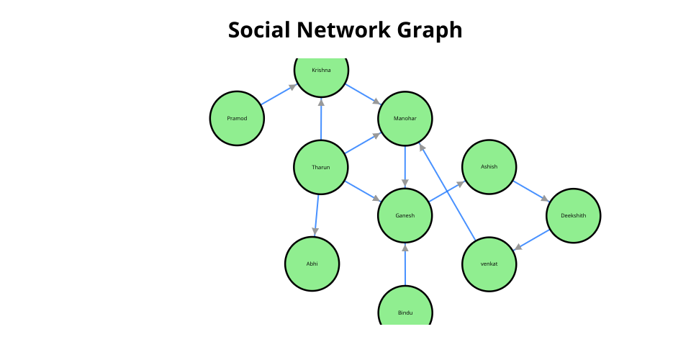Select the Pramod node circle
coord(237,118)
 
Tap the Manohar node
coord(405,118)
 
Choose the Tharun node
coord(321,167)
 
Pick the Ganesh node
coord(405,215)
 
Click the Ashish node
coord(489,167)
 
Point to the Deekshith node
coord(573,215)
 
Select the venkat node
coord(489,264)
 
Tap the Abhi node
coord(312,264)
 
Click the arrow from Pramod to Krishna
coord(279,94)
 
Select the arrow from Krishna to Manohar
coord(363,94)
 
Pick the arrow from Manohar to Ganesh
coord(405,166)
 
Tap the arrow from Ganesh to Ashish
coord(447,191)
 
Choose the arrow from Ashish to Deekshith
coord(531,191)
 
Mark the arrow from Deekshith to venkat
coord(531,240)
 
